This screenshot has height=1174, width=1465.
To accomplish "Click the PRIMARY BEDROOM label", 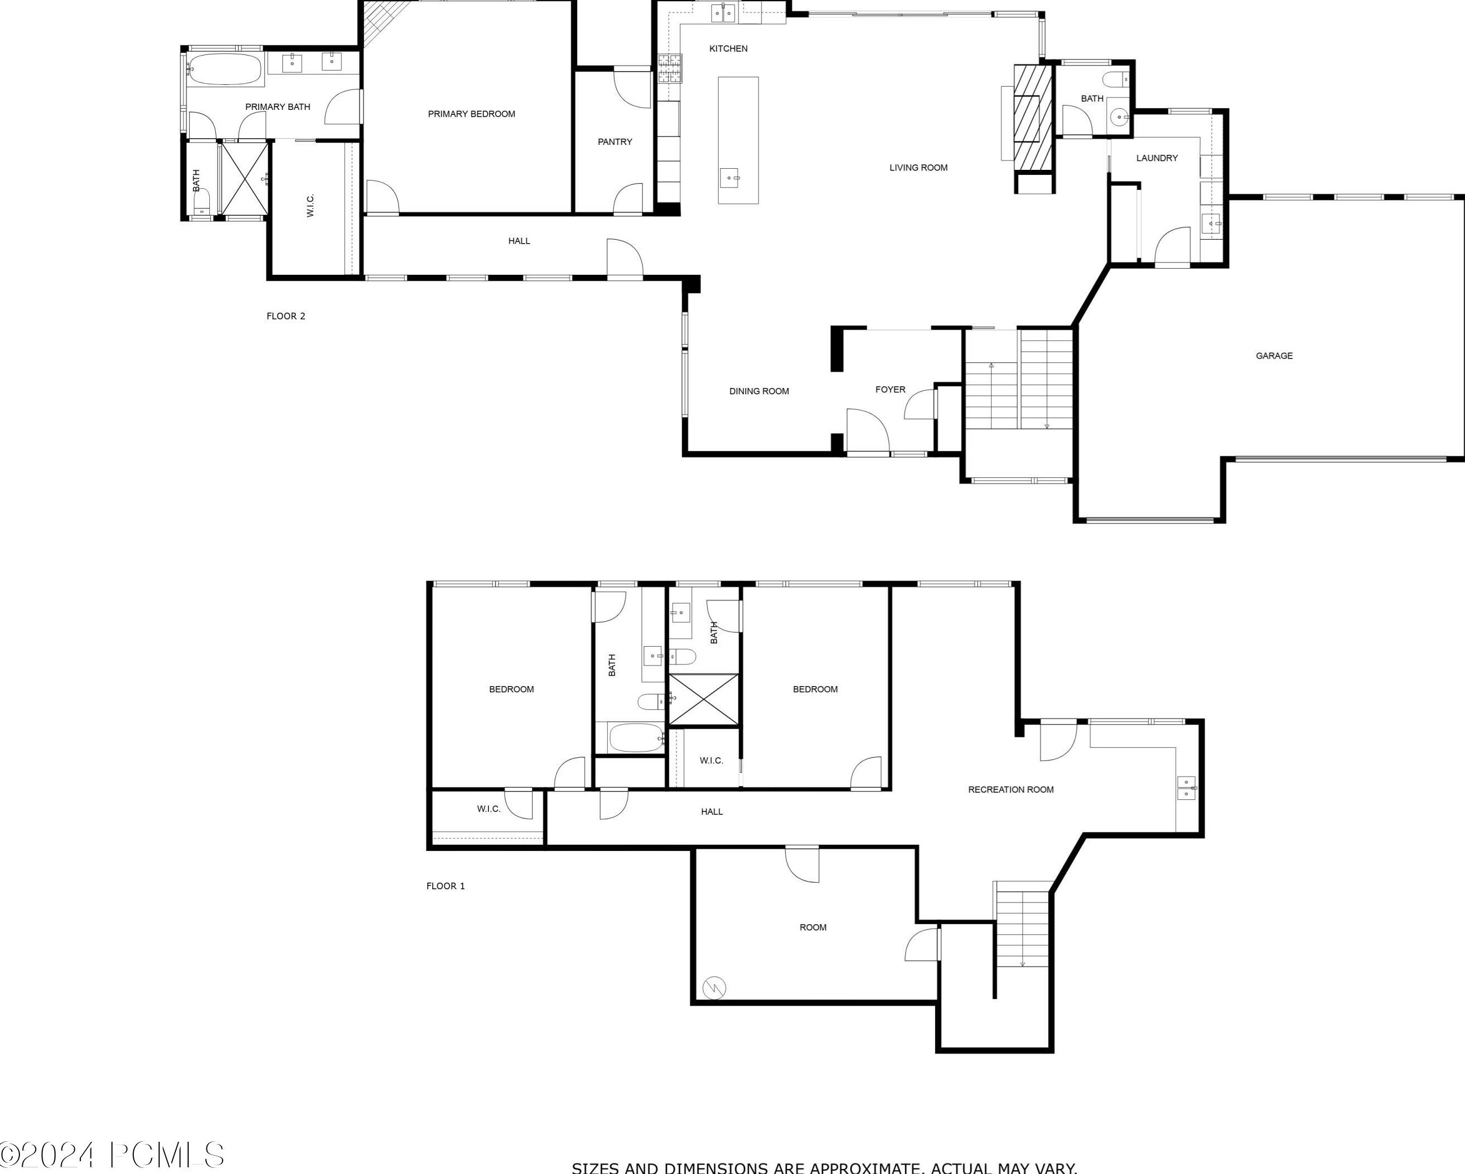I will point(471,114).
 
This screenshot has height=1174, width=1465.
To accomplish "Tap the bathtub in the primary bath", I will point(224,69).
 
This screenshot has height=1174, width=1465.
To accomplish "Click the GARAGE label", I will point(1274,356).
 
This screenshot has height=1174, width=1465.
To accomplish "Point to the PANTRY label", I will point(614,142).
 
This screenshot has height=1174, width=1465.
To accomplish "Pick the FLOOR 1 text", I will point(445,886).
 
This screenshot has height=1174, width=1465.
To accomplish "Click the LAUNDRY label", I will point(1156,158).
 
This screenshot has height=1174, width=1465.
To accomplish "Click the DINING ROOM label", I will point(759,391).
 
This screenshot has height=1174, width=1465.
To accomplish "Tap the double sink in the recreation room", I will point(1186,788).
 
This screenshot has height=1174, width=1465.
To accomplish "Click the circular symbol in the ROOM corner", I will point(715,986).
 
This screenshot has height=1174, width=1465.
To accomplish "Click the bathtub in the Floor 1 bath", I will point(635,738).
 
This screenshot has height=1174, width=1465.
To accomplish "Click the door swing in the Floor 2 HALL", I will point(624,260).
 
